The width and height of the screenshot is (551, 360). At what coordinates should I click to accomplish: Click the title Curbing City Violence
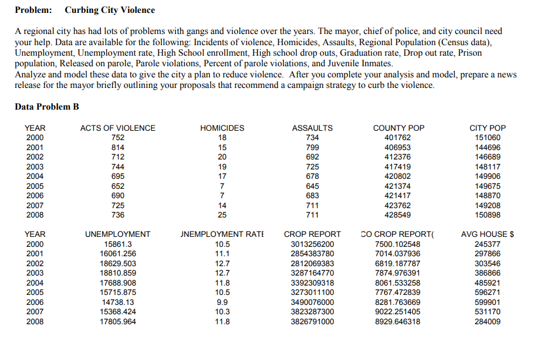[110, 10]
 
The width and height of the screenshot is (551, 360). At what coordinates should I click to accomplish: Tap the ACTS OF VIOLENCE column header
[118, 128]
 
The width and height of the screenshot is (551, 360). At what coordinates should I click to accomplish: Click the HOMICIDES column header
[222, 128]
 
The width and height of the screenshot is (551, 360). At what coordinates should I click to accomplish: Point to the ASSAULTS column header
[312, 128]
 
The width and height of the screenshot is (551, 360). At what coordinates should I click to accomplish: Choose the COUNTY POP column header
[399, 128]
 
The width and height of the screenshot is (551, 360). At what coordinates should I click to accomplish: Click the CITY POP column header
[488, 128]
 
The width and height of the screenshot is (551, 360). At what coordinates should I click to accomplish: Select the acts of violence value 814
[118, 147]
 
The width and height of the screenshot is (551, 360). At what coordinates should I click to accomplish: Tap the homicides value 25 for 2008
[222, 215]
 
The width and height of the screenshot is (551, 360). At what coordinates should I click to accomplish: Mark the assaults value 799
[312, 147]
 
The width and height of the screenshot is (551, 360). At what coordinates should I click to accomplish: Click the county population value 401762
[399, 138]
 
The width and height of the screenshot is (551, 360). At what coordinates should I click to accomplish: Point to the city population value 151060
[488, 138]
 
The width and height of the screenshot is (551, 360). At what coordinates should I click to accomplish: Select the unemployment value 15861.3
[118, 244]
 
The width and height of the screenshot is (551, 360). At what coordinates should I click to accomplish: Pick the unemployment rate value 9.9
[222, 302]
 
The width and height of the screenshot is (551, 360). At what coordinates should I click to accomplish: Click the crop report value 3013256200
[312, 244]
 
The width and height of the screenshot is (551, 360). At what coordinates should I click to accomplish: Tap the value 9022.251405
[398, 311]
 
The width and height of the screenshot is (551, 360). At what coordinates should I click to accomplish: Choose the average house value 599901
[488, 302]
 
